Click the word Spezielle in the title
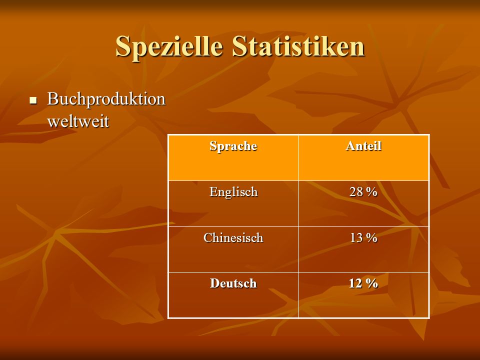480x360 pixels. pos(169,46)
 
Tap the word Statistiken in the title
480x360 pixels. pos(298,46)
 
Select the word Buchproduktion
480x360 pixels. pos(106,99)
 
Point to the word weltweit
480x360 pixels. pos(78,121)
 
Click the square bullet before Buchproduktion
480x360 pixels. pos(33,100)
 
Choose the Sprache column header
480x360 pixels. pos(233,146)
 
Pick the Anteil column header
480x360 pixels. pos(363,145)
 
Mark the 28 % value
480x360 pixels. pos(363,192)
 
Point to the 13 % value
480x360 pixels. pos(363,237)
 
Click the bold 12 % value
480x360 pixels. pos(363,283)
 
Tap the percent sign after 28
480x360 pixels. pos(371,192)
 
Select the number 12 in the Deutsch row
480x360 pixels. pos(355,283)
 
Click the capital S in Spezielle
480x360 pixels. pos(123,46)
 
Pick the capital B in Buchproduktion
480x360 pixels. pos(52,98)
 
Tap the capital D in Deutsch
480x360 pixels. pos(215,283)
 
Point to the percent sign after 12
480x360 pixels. pos(372,283)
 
